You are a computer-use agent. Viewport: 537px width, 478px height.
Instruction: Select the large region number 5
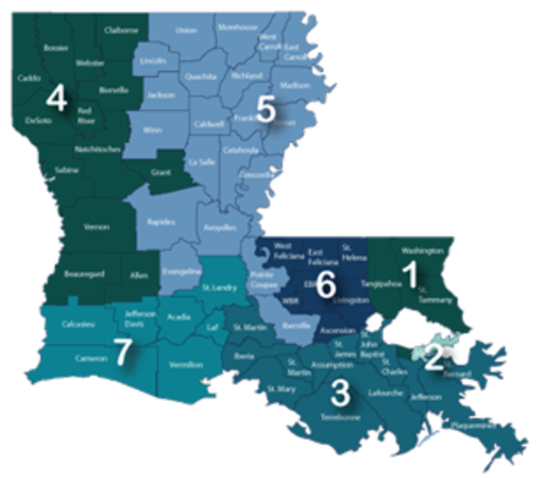tap(265, 111)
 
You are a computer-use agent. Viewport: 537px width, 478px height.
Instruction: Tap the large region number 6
tap(325, 284)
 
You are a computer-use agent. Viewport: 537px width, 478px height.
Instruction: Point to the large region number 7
tap(123, 354)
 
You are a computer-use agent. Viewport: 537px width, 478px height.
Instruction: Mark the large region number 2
tap(433, 359)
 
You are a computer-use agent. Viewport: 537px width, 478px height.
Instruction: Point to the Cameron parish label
tap(72, 358)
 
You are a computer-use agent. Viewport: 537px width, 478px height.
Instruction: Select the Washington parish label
tap(422, 251)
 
